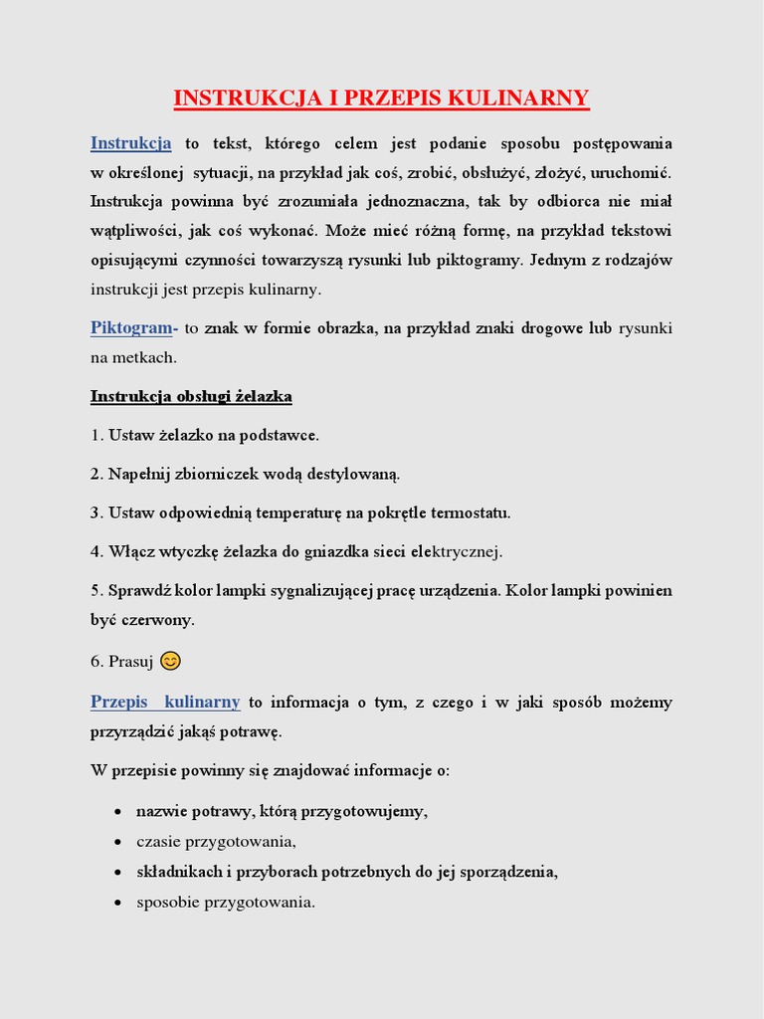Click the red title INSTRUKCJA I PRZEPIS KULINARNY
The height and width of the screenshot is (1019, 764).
coord(381,98)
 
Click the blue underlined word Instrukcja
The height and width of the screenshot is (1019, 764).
coord(130,143)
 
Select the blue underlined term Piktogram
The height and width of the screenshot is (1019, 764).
coord(131,327)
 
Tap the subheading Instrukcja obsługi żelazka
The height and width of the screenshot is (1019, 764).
coord(191,396)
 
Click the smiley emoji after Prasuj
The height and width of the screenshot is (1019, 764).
coord(171,661)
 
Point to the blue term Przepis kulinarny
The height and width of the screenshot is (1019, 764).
coord(165,702)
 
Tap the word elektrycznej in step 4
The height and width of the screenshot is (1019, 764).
coord(457,551)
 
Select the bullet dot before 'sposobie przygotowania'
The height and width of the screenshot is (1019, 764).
coord(119,904)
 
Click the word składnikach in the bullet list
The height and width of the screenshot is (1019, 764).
coord(179,872)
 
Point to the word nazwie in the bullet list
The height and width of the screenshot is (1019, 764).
coord(160,811)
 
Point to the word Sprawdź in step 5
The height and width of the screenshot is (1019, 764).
coord(135,590)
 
